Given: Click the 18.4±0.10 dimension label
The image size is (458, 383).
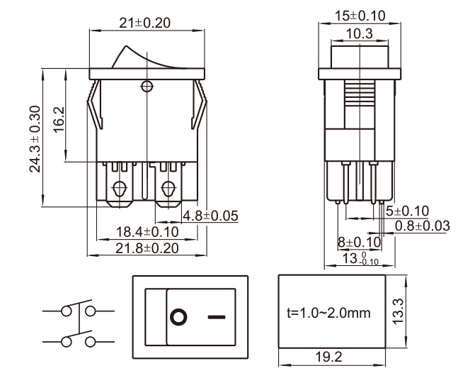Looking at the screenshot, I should pyautogui.click(x=147, y=232).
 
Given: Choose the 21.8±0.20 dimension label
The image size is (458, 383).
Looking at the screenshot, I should pyautogui.click(x=147, y=248).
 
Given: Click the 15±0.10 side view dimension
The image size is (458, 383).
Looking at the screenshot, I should pyautogui.click(x=360, y=15).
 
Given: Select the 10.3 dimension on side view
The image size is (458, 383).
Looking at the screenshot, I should pyautogui.click(x=360, y=33).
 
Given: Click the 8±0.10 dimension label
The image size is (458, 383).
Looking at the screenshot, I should pyautogui.click(x=359, y=242).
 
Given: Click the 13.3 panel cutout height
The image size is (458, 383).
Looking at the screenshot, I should pyautogui.click(x=399, y=310).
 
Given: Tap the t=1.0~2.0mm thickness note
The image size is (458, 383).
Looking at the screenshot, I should pyautogui.click(x=330, y=313).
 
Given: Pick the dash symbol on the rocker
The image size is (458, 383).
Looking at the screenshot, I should pyautogui.click(x=217, y=316).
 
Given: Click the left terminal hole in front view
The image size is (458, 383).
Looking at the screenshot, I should pyautogui.click(x=119, y=189).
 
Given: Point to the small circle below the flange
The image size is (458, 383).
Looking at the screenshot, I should pyautogui.click(x=147, y=87).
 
